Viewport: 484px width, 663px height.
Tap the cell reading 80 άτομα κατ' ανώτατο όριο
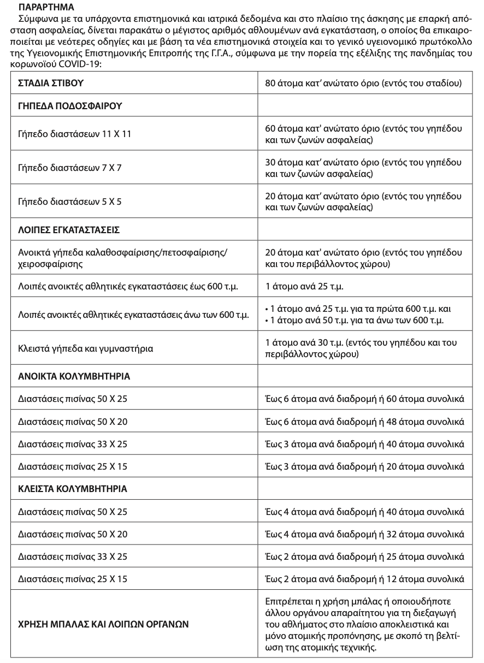tap(364, 84)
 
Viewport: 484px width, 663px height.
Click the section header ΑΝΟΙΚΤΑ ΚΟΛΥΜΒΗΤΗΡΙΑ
tap(74, 377)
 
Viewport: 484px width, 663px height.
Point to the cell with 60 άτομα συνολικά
tap(364, 399)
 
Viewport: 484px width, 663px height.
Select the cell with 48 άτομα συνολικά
tap(364, 422)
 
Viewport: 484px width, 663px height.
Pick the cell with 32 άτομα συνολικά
tap(364, 534)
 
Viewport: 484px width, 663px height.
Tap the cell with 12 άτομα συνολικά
tap(364, 579)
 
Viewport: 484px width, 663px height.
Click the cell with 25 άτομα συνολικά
tap(364, 557)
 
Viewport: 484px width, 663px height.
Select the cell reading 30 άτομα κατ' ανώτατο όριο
tap(364, 168)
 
